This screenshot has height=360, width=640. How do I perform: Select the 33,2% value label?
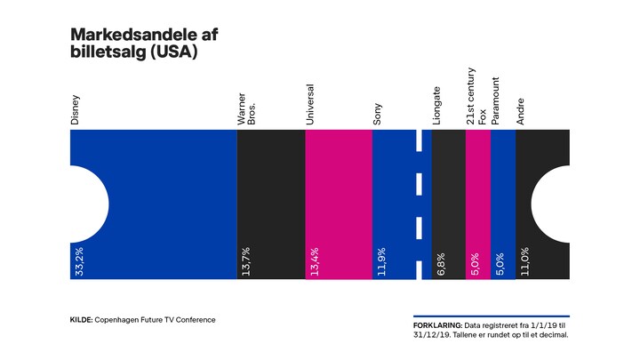tap(76, 263)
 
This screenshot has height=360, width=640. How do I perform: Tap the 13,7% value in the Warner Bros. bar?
tap(245, 263)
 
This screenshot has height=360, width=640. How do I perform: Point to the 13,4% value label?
tap(313, 263)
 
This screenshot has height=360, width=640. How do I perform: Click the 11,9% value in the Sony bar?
tap(380, 263)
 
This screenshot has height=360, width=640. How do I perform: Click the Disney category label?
tap(76, 108)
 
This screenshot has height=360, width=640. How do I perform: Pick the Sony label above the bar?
tap(379, 112)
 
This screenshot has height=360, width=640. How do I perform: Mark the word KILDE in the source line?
tap(83, 320)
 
